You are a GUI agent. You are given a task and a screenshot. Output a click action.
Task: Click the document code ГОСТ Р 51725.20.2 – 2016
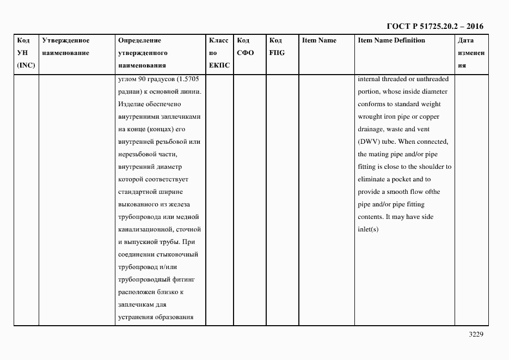click(434, 26)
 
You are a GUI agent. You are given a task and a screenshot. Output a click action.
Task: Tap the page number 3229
click(476, 334)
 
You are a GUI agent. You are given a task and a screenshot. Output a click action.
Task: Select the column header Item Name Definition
click(391, 40)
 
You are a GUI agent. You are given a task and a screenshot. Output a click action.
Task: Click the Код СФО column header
click(246, 47)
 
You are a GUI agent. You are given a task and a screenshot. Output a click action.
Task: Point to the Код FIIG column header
click(277, 47)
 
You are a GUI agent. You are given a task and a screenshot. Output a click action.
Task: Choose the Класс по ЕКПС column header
click(219, 53)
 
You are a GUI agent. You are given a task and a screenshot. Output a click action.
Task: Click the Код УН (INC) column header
click(26, 53)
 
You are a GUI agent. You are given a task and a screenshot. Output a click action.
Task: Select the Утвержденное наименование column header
click(65, 47)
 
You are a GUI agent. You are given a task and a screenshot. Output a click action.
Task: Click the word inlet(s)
click(368, 229)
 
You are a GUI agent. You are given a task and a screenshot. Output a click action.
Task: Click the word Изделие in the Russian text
click(131, 104)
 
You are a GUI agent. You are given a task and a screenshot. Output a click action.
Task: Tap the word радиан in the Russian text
click(129, 91)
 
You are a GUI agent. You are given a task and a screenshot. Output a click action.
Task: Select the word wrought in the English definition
click(370, 117)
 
